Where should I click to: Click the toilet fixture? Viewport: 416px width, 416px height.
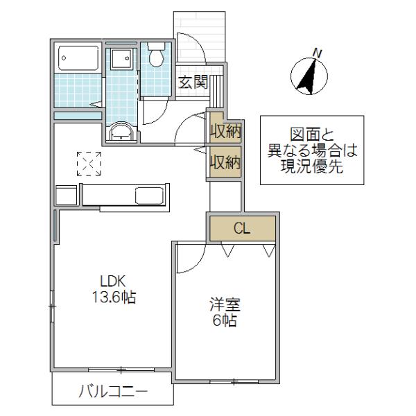156,54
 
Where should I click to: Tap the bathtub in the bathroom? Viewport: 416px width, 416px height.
78,58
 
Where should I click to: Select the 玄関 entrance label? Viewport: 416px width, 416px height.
193,82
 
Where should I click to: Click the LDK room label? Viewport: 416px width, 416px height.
112,281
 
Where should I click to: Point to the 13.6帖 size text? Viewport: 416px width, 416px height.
114,297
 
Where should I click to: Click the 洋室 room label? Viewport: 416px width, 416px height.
225,304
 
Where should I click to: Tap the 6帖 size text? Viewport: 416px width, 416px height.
225,320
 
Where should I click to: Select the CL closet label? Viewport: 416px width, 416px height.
242,228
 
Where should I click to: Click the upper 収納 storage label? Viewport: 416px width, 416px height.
225,131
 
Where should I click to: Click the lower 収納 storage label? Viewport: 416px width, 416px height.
225,162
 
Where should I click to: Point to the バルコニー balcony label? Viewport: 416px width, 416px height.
113,392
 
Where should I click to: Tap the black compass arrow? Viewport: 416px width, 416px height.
308,76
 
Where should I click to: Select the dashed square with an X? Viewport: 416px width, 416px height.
89,164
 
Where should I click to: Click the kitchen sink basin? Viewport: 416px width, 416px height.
149,196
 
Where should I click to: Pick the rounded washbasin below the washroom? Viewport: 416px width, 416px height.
121,132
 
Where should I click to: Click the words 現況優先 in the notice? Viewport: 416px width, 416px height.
312,166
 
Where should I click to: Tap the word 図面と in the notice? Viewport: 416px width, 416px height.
312,135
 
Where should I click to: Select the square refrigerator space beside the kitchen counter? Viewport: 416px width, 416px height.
67,196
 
